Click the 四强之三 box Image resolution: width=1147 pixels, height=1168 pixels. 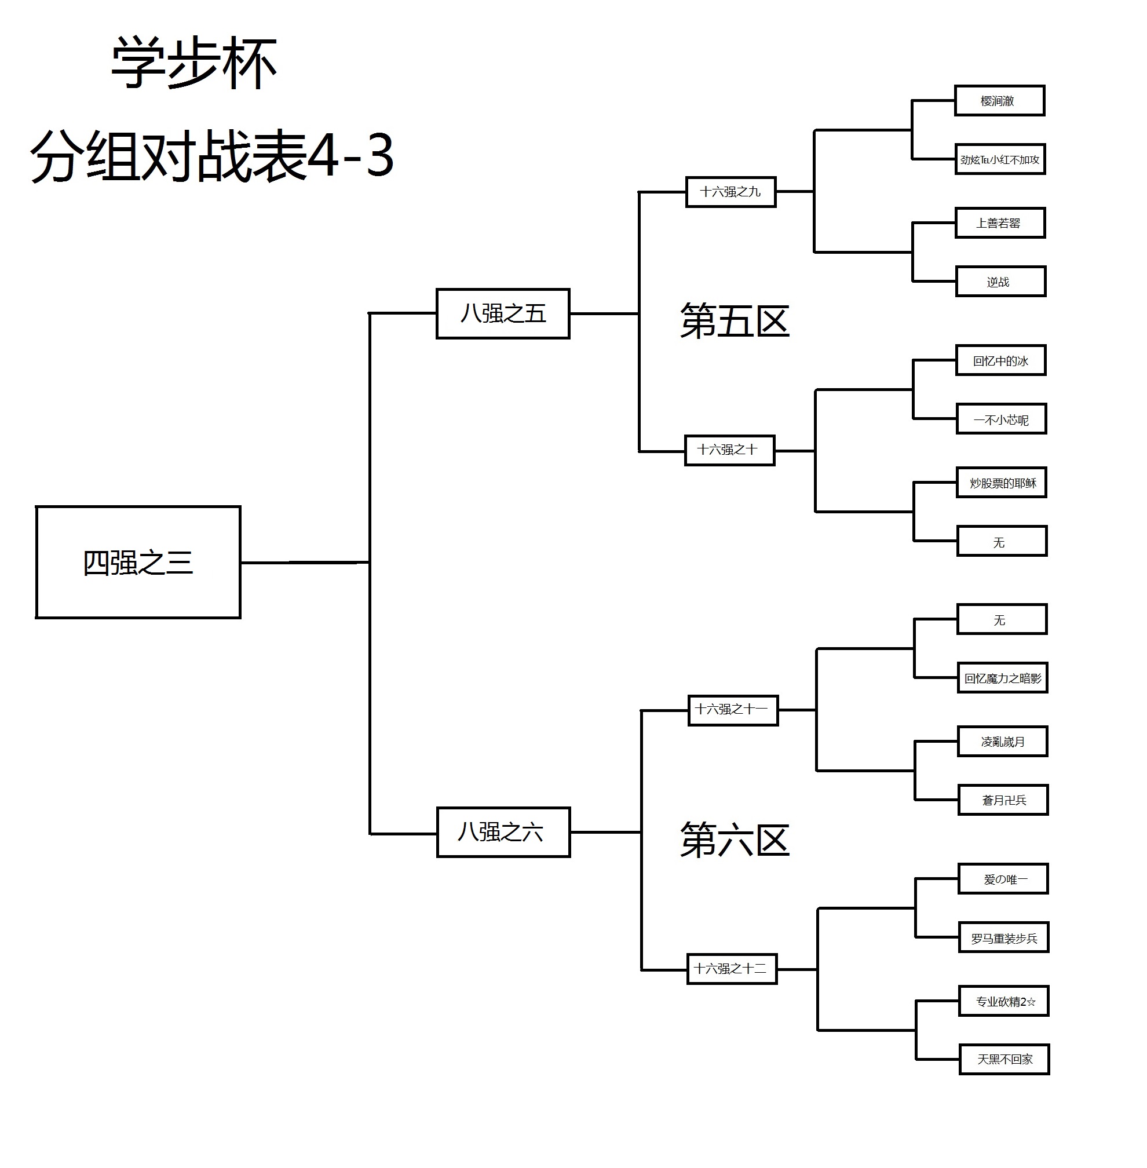[138, 562]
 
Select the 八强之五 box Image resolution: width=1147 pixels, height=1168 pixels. [503, 314]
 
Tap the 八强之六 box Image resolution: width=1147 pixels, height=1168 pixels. [503, 832]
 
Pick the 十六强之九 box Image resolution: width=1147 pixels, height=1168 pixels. [730, 192]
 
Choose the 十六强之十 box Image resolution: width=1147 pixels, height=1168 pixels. [729, 450]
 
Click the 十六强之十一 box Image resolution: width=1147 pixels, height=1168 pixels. [733, 710]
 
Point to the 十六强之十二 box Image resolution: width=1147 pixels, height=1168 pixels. [732, 969]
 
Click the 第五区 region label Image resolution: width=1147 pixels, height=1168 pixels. [735, 321]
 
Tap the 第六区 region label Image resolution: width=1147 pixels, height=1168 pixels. [735, 840]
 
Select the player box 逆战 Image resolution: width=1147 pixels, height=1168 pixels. [1000, 282]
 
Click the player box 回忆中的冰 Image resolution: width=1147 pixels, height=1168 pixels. [1000, 360]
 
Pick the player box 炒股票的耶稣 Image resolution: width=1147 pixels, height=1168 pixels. [1001, 483]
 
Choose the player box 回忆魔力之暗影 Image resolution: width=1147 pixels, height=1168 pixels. [1002, 678]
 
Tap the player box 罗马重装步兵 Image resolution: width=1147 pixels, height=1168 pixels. [1003, 938]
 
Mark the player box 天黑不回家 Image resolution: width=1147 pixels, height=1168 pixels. [1004, 1059]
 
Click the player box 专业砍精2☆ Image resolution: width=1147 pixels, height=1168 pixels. [1003, 1001]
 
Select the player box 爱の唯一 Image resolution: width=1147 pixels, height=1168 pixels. [1003, 879]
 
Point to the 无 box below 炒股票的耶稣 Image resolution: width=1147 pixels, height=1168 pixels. [1001, 542]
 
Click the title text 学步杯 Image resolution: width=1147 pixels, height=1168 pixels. [194, 63]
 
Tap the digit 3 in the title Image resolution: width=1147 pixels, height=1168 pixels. [379, 156]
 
